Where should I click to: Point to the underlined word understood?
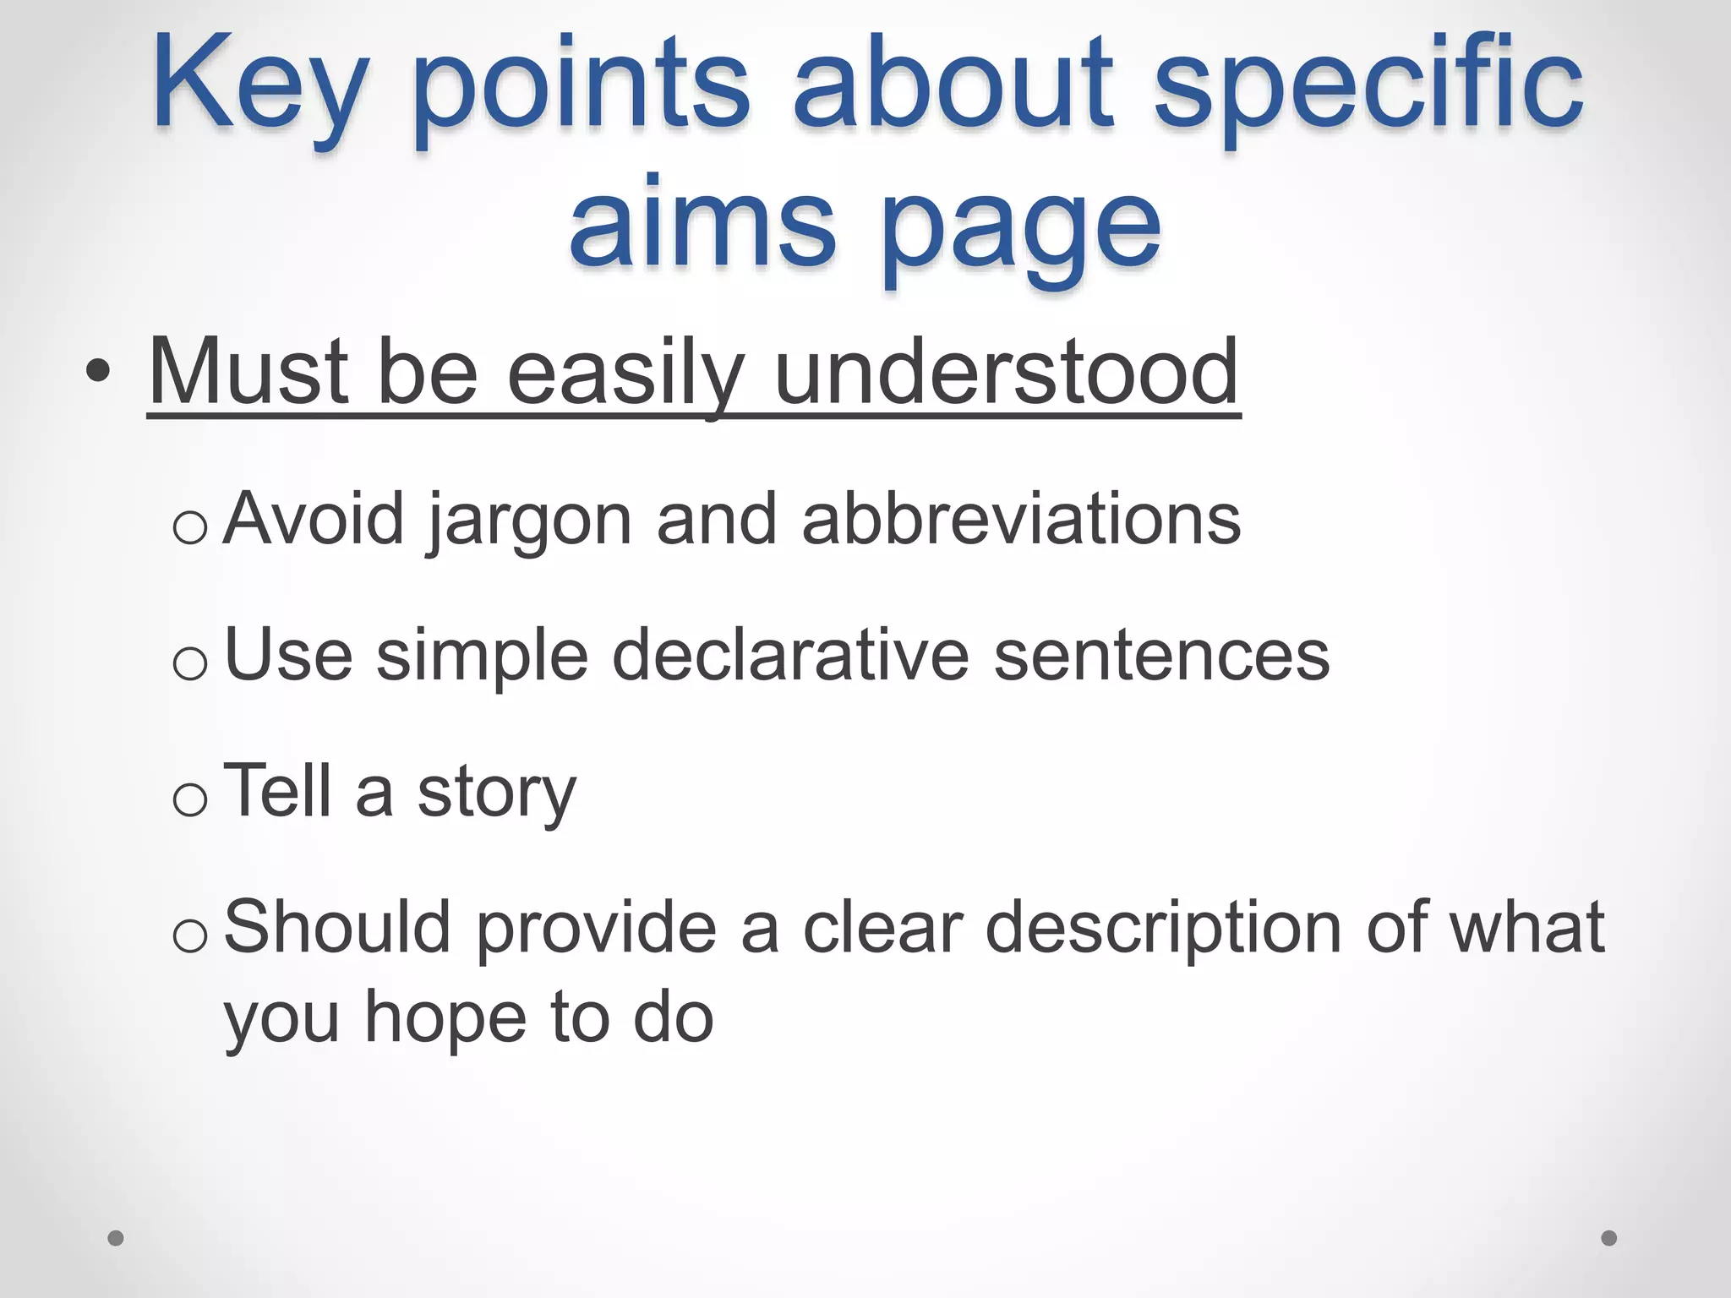click(1006, 372)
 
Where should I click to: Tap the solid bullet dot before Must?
click(98, 372)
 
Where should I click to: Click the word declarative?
click(790, 656)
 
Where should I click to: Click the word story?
click(497, 793)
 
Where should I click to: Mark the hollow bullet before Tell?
click(189, 799)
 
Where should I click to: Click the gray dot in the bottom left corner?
click(116, 1238)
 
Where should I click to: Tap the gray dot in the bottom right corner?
click(1609, 1238)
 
